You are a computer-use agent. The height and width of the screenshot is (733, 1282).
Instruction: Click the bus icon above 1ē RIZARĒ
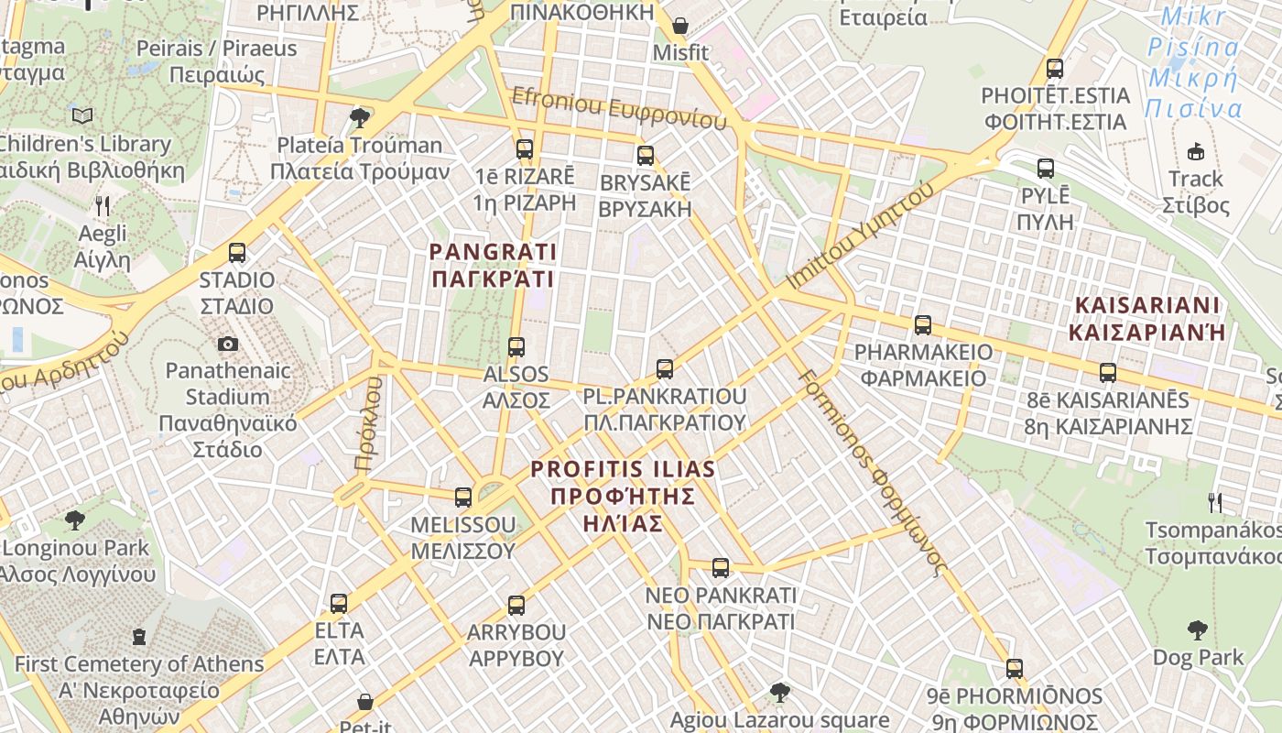pyautogui.click(x=525, y=148)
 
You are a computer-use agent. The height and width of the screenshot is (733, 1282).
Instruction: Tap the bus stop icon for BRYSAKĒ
pyautogui.click(x=646, y=155)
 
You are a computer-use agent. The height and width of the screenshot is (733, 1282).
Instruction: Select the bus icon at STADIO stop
pyautogui.click(x=237, y=253)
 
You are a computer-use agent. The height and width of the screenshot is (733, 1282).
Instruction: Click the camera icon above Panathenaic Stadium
pyautogui.click(x=228, y=344)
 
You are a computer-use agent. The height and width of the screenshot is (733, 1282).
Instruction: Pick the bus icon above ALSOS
pyautogui.click(x=516, y=347)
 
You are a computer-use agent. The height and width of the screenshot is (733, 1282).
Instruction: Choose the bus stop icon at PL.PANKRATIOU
pyautogui.click(x=665, y=369)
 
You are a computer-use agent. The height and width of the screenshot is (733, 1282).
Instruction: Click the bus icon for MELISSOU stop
pyautogui.click(x=463, y=498)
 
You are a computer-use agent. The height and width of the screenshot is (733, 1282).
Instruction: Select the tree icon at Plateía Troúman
pyautogui.click(x=360, y=117)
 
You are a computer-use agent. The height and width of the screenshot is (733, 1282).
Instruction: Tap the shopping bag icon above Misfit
pyautogui.click(x=680, y=25)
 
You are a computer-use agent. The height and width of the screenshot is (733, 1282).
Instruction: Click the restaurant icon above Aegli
pyautogui.click(x=103, y=205)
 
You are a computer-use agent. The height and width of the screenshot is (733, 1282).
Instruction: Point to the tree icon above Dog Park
pyautogui.click(x=1197, y=629)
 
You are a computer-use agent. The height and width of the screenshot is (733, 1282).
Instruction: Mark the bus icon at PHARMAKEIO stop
pyautogui.click(x=923, y=324)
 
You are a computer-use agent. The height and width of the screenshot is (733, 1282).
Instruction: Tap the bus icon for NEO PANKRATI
pyautogui.click(x=721, y=568)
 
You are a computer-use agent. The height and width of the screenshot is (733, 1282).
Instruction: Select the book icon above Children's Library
pyautogui.click(x=82, y=115)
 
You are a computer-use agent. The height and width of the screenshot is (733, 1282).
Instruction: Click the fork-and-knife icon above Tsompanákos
pyautogui.click(x=1215, y=502)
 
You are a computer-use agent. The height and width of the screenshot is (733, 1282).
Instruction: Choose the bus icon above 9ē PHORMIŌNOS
pyautogui.click(x=1015, y=668)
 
